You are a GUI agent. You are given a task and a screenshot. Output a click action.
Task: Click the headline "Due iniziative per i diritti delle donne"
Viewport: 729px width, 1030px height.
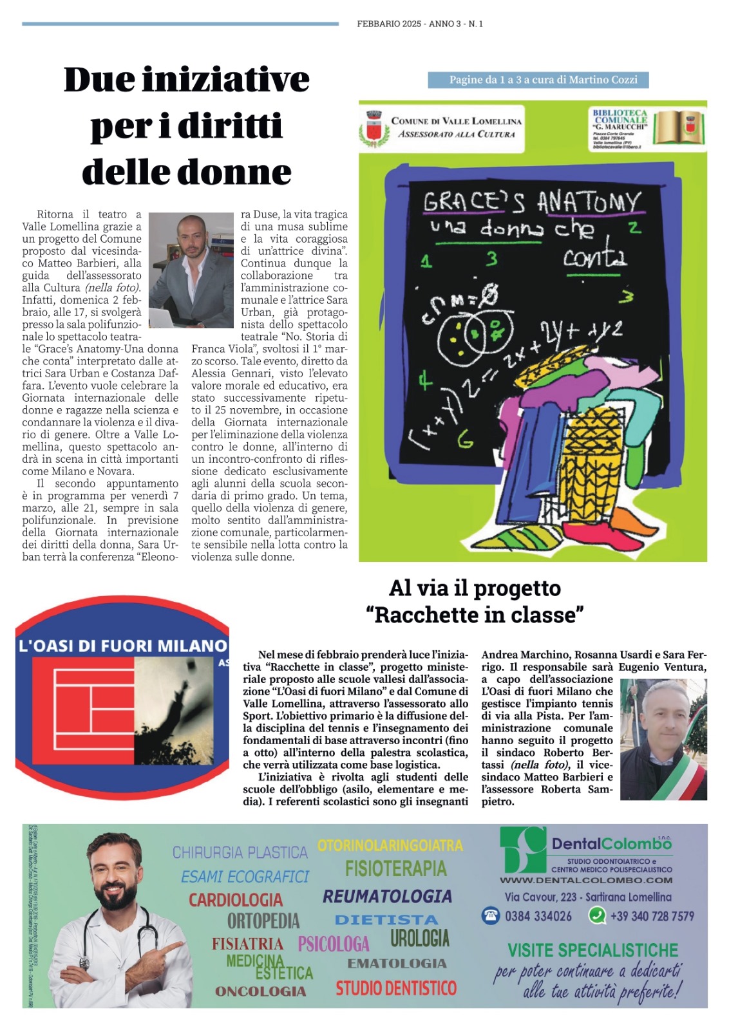(x=187, y=126)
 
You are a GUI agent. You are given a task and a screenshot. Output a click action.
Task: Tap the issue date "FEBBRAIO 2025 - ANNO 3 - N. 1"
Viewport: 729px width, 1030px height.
(x=419, y=24)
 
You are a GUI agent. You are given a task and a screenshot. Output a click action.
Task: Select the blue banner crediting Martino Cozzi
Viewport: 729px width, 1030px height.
(x=538, y=80)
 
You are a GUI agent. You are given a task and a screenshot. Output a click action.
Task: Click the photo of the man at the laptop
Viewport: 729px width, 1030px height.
(x=191, y=270)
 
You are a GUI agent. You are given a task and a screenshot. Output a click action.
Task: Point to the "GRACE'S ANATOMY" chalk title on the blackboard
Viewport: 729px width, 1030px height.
(x=532, y=201)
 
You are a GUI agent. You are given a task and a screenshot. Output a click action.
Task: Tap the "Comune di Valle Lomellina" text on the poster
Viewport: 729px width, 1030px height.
(x=456, y=121)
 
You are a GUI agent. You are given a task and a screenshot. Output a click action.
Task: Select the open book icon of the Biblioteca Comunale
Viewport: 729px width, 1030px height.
(x=679, y=127)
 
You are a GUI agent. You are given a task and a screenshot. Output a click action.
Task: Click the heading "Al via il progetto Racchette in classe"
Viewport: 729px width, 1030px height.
(x=475, y=601)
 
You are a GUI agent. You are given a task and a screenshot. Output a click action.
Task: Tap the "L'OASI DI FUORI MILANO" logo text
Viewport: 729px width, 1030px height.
(x=122, y=646)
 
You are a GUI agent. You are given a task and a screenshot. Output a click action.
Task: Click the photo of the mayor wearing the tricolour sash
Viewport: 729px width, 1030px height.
(x=663, y=740)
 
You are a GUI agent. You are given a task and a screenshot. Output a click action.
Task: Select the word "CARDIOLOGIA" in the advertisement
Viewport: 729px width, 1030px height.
(x=236, y=899)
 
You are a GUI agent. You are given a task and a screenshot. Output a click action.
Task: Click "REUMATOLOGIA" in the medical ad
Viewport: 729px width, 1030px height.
(x=387, y=896)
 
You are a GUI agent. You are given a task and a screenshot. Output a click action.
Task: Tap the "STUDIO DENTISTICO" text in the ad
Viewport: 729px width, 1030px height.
(x=395, y=988)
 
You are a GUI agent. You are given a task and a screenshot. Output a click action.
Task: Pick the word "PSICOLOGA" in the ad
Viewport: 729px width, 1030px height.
(x=334, y=944)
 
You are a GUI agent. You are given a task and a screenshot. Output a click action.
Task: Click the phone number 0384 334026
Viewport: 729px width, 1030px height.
(x=538, y=916)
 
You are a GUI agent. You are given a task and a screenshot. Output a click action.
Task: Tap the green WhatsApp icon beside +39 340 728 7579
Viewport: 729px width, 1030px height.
(x=597, y=915)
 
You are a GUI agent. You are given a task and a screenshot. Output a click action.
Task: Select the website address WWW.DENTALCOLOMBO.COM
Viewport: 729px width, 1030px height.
(x=586, y=880)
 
